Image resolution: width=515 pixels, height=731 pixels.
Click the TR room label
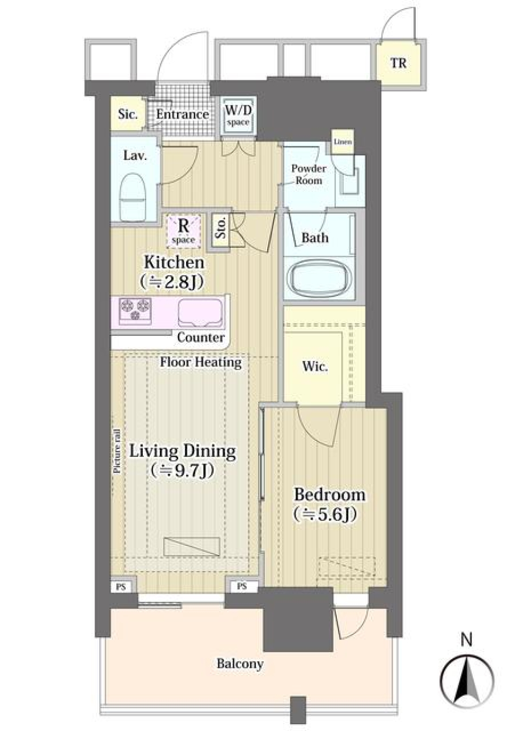(x=398, y=63)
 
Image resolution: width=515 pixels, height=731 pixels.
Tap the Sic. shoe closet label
(x=128, y=114)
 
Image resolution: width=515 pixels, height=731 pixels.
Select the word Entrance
(x=182, y=114)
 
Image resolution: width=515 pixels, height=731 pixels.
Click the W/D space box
(x=238, y=115)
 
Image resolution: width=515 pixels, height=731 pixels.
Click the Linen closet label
(x=343, y=142)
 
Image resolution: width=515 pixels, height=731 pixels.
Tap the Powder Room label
(x=308, y=174)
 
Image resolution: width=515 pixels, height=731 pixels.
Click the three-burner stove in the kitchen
(x=135, y=311)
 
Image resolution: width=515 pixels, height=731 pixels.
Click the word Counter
(x=201, y=337)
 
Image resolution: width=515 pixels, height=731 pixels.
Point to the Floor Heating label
(x=201, y=362)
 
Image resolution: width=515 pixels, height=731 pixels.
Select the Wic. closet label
(x=315, y=366)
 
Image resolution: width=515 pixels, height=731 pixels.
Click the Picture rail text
(x=116, y=452)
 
